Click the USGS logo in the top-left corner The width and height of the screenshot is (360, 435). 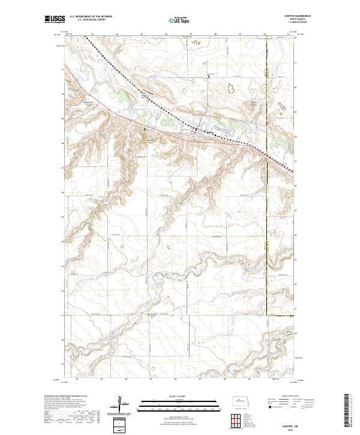pos(55,19)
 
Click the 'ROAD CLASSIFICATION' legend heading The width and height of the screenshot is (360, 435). pos(284,397)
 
